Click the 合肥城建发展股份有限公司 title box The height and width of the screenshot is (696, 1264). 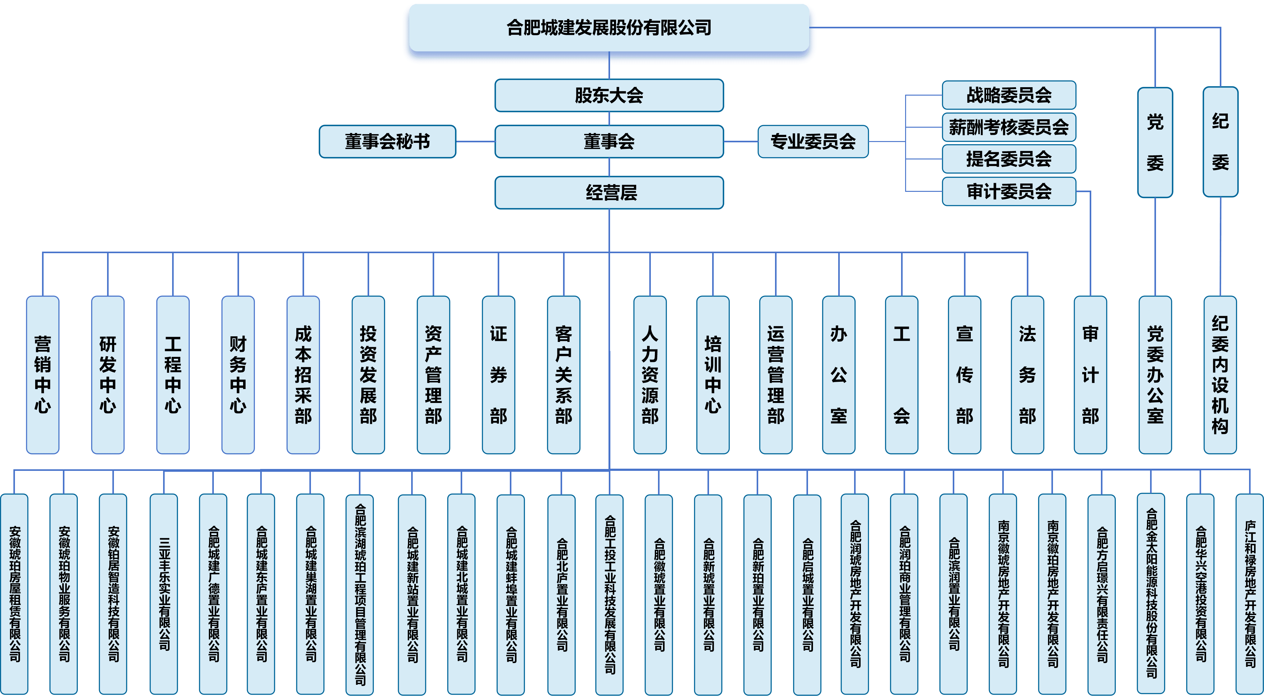[609, 28]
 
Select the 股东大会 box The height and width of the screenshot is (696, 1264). [609, 96]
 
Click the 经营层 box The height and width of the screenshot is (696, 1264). [609, 193]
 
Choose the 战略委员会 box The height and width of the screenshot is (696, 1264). [1008, 95]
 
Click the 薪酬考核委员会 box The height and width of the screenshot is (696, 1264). [1008, 127]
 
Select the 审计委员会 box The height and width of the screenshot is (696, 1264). [1008, 192]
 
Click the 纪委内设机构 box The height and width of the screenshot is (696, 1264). [1220, 375]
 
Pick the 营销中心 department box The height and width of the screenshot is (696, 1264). [43, 375]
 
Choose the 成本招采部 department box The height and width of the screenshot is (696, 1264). [303, 375]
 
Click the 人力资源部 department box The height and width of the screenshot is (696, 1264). [650, 375]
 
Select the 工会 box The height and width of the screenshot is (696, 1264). [901, 375]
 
